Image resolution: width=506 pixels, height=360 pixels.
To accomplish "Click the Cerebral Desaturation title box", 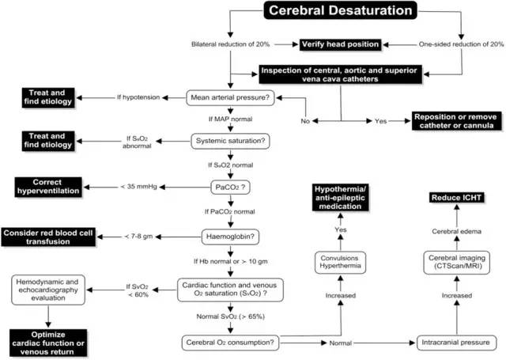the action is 341,10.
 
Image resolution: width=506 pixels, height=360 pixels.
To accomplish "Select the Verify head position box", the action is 340,44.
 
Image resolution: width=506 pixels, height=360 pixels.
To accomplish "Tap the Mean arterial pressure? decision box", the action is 230,98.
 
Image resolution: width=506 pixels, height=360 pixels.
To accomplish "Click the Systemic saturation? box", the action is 230,141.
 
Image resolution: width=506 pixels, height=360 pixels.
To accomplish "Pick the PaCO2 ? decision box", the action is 230,188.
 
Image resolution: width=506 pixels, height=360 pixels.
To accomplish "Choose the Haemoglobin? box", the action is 230,237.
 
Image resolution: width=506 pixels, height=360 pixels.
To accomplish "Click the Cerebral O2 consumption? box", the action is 230,343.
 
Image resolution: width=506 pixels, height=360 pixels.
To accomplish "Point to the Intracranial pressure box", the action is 455,343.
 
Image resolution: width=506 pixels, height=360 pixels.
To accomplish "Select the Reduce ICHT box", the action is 456,198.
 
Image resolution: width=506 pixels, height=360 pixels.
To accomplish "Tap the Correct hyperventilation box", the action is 48,187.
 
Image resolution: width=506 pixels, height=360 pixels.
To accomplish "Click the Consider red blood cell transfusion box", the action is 48,237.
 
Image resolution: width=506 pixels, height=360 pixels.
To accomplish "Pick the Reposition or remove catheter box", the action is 456,121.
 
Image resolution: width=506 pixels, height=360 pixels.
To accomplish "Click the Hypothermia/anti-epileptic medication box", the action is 340,198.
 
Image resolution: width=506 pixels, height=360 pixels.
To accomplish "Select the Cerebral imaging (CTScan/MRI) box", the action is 456,263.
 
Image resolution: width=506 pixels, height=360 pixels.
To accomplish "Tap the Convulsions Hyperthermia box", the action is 340,263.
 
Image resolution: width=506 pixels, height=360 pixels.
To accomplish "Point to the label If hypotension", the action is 138,97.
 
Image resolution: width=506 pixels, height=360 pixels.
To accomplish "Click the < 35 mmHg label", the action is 138,187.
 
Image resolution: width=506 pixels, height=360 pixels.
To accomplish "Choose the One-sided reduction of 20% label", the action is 461,44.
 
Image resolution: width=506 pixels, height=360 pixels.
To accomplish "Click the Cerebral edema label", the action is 456,232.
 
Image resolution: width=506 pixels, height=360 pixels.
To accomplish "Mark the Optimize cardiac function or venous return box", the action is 48,343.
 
